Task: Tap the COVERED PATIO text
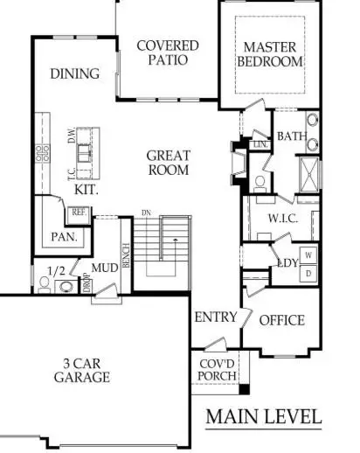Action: tap(168, 53)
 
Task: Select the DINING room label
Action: tap(74, 73)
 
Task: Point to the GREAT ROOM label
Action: tap(168, 162)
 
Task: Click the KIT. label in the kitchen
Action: tap(86, 188)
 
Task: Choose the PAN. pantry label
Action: tap(64, 236)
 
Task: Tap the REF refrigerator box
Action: tap(79, 212)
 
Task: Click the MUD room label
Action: tap(107, 268)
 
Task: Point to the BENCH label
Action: tap(126, 255)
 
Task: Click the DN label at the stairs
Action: tap(147, 213)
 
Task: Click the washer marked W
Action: tap(308, 255)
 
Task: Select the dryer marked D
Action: tap(308, 273)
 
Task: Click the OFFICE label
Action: tap(282, 320)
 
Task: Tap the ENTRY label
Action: tap(215, 317)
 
